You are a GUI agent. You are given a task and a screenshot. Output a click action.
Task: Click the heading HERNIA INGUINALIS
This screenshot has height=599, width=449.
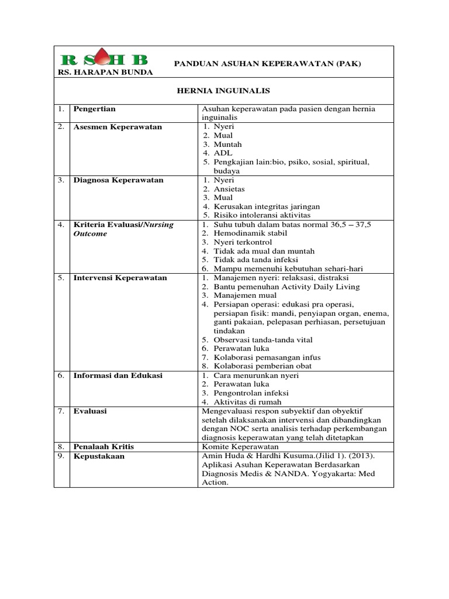[224, 91]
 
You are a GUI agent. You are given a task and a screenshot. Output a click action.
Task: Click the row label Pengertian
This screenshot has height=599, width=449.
[95, 109]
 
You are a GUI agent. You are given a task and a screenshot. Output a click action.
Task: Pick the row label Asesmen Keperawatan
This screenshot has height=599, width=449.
[118, 126]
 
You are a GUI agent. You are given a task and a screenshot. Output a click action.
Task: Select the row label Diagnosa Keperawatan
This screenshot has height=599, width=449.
[118, 180]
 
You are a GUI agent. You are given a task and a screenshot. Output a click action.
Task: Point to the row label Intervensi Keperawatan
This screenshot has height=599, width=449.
[120, 278]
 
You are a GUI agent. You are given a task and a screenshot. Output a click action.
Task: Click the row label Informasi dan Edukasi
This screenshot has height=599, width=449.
[118, 375]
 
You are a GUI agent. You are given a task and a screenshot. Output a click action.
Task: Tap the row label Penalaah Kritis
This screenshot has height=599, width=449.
[103, 446]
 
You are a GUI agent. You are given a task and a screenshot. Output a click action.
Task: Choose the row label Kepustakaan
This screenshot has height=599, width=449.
[99, 456]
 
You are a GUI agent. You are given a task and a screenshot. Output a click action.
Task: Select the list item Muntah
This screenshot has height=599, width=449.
[227, 144]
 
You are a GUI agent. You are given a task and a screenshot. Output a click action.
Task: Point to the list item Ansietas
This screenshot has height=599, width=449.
[229, 190]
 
